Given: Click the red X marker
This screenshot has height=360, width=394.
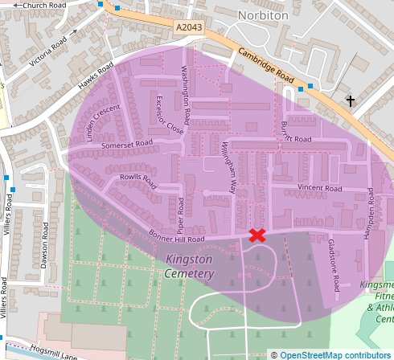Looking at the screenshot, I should [257, 235].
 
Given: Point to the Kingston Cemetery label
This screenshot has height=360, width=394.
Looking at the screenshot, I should [190, 267].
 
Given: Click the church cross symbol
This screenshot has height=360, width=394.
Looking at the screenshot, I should [350, 100].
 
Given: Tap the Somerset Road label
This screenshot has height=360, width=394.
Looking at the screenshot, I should [126, 145].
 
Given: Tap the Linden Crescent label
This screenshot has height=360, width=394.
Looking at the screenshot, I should [103, 121].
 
